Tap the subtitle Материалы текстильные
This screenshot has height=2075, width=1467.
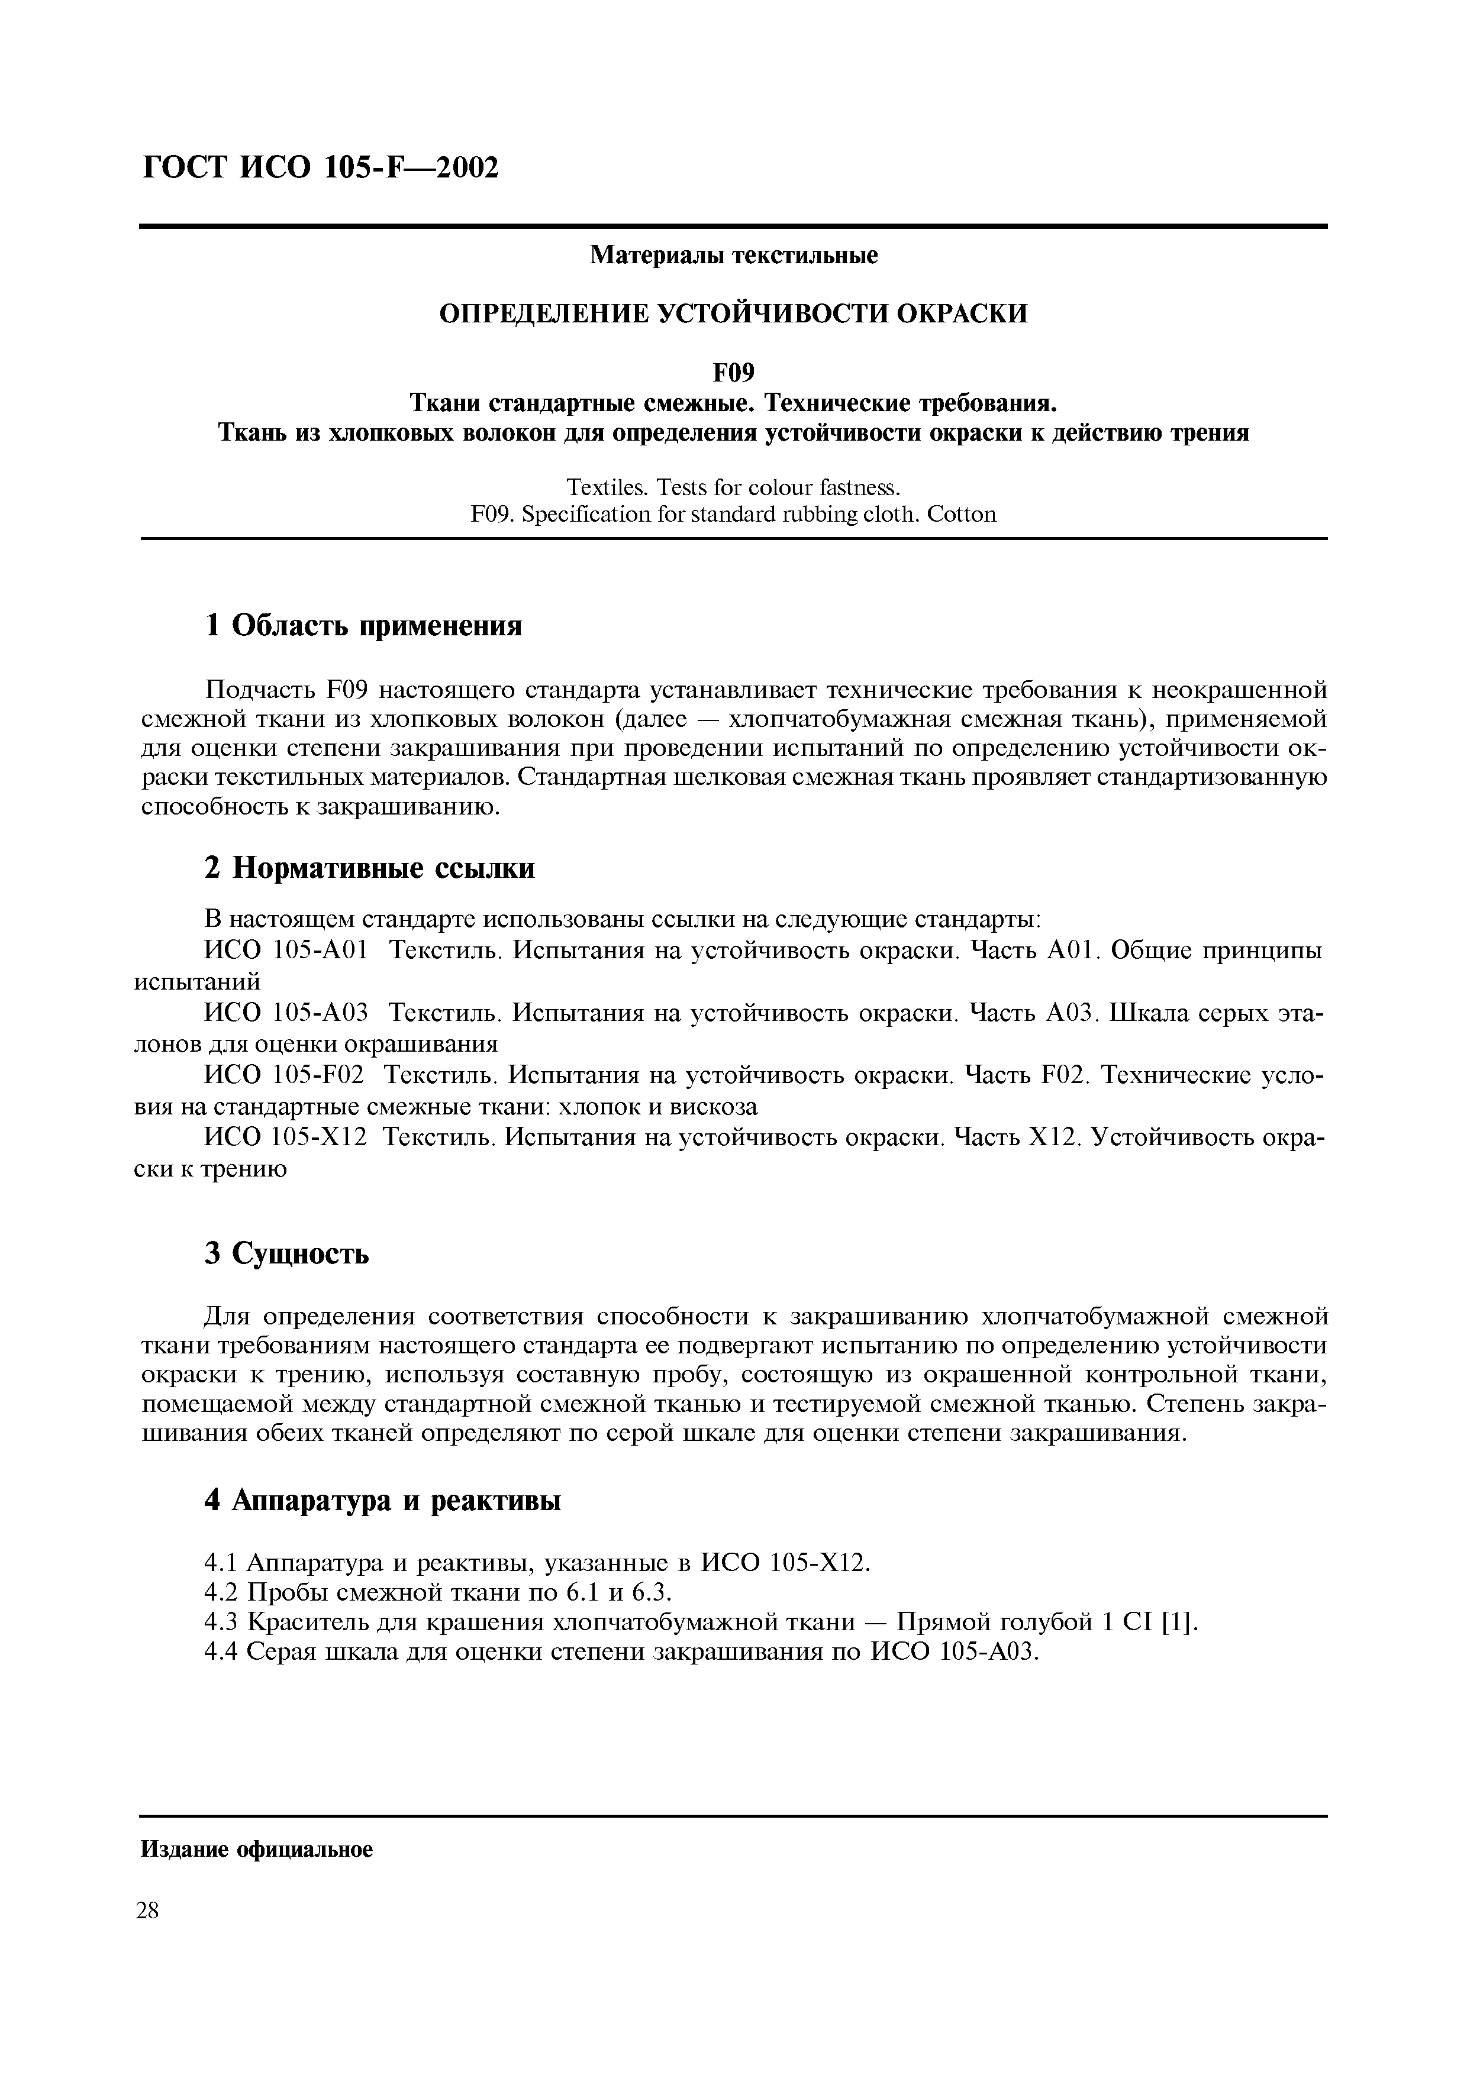[733, 256]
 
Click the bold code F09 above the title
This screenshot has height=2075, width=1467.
[733, 372]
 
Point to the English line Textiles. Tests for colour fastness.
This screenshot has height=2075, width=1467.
[733, 488]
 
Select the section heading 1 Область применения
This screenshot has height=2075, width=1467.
[363, 625]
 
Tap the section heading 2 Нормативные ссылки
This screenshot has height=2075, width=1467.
[370, 868]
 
